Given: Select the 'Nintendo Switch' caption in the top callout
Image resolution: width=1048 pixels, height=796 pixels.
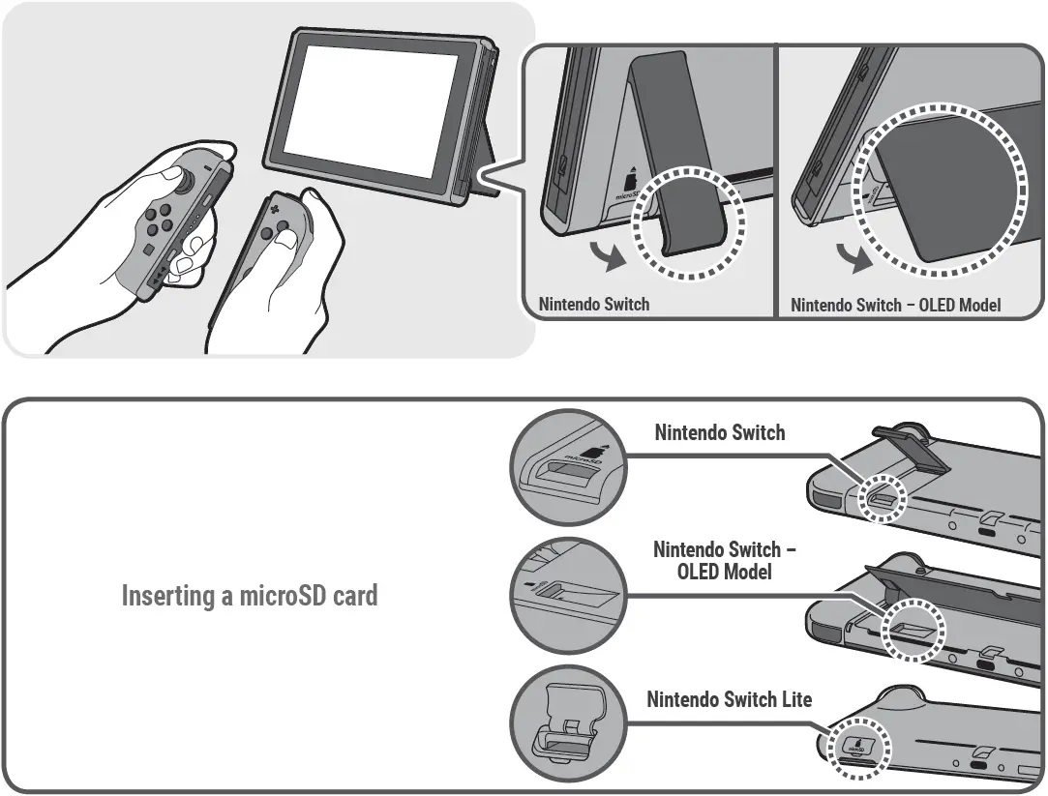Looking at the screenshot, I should pos(593,304).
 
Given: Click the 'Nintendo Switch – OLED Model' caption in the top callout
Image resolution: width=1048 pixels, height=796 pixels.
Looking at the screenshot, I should pos(895,305).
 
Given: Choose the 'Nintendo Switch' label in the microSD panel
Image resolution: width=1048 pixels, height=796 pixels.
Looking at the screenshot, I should pos(719,432).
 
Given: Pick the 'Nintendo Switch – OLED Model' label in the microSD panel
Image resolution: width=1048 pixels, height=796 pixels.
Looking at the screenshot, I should pos(724,560).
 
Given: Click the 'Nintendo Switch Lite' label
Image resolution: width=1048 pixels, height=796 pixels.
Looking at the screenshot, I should pos(729,698).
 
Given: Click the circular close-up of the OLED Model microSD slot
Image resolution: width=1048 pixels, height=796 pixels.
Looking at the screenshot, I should pos(565,596).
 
